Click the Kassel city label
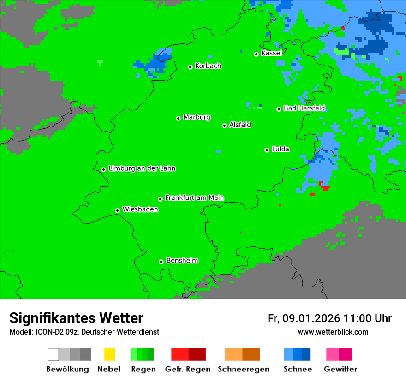(x=271, y=53)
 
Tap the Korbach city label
(x=208, y=66)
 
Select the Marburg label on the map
(x=197, y=117)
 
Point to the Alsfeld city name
(x=240, y=125)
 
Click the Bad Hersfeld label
(x=304, y=108)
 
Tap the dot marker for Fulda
(x=267, y=150)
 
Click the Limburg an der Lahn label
(x=142, y=168)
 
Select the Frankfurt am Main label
(x=194, y=198)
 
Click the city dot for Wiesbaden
(x=117, y=210)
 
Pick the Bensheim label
(x=182, y=261)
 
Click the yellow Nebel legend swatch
(x=109, y=354)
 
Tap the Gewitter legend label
(x=340, y=369)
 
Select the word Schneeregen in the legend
(x=244, y=369)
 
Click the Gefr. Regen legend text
(x=188, y=369)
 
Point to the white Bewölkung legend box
(x=53, y=354)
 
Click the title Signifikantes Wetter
(x=76, y=318)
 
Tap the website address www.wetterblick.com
(x=333, y=332)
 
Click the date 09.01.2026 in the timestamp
(x=311, y=318)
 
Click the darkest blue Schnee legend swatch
(x=306, y=354)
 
